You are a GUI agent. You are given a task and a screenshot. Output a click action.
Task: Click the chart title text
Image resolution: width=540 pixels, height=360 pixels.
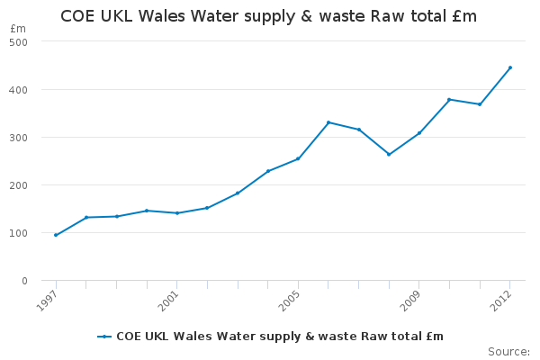tap(268, 17)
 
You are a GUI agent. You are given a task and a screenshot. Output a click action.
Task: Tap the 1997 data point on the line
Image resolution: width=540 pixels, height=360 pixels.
tap(56, 235)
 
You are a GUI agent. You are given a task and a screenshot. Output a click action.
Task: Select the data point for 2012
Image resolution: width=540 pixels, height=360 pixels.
tap(510, 67)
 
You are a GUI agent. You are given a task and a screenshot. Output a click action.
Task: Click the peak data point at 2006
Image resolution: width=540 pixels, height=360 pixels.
tap(328, 122)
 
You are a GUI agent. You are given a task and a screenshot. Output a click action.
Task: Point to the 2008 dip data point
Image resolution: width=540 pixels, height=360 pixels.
tap(389, 154)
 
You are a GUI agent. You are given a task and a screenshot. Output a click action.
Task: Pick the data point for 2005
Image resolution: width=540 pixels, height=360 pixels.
tap(298, 159)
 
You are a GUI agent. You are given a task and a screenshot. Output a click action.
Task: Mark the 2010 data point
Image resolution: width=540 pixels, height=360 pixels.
tap(449, 99)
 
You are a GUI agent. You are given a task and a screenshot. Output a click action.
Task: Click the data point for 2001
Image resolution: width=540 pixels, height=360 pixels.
tap(176, 213)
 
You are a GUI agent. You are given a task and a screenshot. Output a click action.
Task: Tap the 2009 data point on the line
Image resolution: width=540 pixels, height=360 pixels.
tap(419, 133)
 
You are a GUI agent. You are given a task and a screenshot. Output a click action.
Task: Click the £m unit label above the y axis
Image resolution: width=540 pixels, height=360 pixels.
tap(19, 29)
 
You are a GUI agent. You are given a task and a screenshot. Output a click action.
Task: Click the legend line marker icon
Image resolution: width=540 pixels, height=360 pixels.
tap(105, 337)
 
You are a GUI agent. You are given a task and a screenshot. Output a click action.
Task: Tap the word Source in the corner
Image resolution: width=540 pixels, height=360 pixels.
tap(508, 351)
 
